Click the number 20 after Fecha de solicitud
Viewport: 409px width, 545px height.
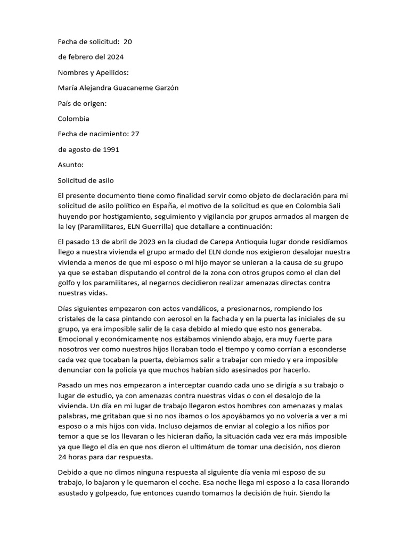click(128, 42)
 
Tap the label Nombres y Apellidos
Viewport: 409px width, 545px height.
click(93, 72)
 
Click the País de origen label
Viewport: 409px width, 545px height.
click(82, 103)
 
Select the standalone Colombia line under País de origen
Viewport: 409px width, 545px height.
click(73, 119)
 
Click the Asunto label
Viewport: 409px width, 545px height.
click(71, 165)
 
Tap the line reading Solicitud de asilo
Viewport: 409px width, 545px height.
click(86, 180)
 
